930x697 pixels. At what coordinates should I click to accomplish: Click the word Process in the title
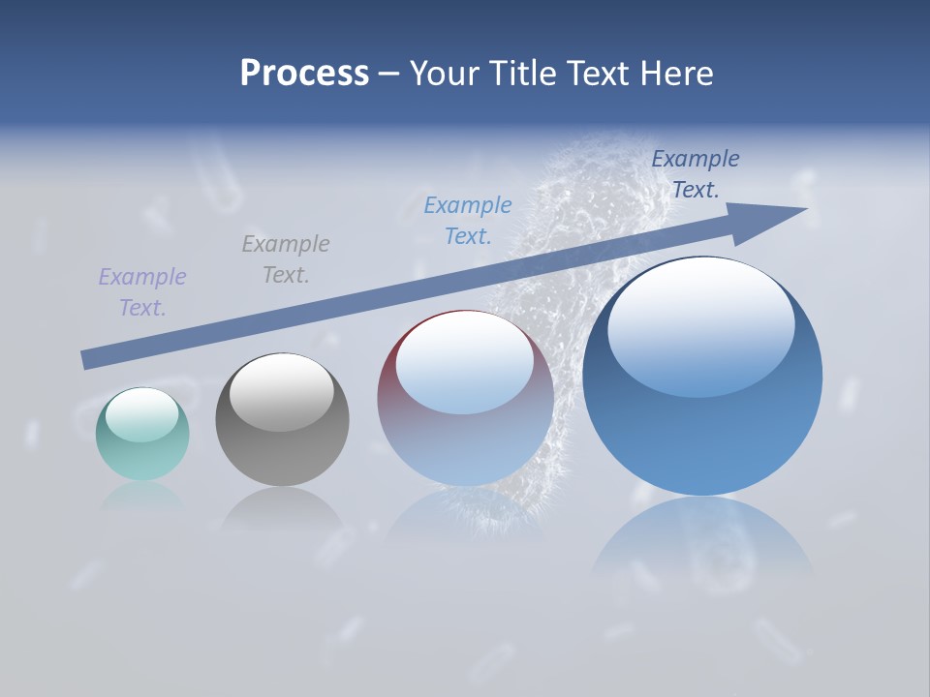(304, 74)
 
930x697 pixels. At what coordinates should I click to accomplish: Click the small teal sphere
(142, 435)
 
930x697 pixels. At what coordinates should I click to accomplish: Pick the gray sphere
(282, 420)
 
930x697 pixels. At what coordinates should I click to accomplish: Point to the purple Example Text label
(142, 292)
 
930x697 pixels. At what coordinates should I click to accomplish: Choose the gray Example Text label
(286, 258)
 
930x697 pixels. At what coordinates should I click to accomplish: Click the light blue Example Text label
(468, 220)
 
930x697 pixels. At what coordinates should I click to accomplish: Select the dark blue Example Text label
(696, 174)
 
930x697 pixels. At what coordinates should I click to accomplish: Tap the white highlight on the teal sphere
(141, 415)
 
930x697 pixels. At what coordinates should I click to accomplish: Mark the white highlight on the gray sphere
(281, 392)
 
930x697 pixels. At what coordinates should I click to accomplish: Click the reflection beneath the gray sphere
(282, 508)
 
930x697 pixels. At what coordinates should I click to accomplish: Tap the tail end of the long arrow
(87, 359)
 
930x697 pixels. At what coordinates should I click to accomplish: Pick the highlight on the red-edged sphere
(465, 362)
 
